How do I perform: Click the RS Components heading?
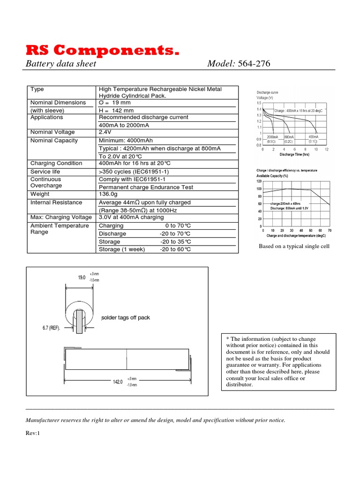click(x=102, y=51)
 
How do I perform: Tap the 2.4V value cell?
click(x=106, y=132)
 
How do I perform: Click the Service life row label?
click(x=45, y=172)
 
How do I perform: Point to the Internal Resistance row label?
click(x=56, y=202)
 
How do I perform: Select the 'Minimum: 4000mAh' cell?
click(x=126, y=141)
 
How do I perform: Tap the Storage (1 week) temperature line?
click(x=144, y=249)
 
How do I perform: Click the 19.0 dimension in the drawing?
click(x=82, y=277)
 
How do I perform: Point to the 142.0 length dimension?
click(x=118, y=382)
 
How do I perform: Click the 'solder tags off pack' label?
click(x=126, y=318)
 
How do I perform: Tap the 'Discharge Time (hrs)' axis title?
click(x=294, y=154)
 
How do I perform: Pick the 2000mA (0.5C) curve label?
click(x=272, y=139)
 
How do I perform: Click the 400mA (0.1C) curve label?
click(x=313, y=139)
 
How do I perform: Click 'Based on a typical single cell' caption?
click(x=294, y=247)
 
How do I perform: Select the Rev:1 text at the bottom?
click(x=33, y=434)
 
